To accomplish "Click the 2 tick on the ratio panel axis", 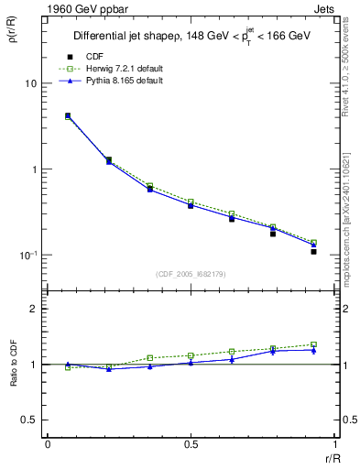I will coord(34,309).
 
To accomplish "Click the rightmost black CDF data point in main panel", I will coord(313,251).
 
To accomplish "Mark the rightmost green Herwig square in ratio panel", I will coord(313,344).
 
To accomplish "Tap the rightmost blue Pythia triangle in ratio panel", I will coord(313,350).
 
